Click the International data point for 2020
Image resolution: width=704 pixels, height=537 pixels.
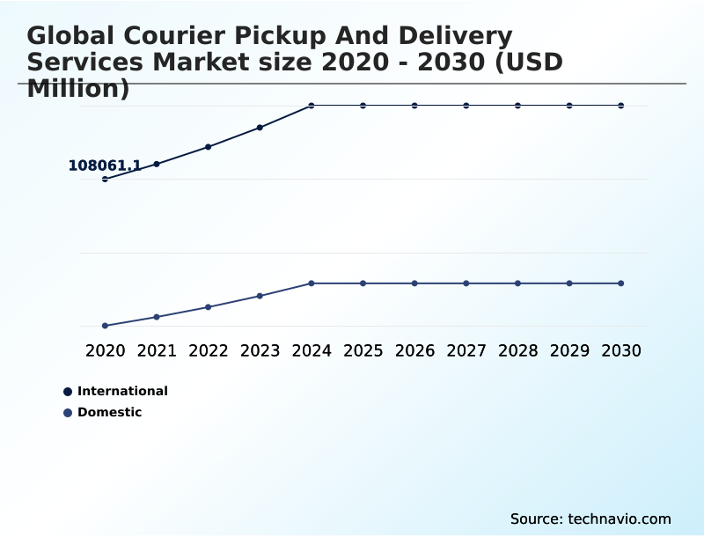pos(105,179)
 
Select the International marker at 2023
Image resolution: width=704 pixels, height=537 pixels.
pos(260,128)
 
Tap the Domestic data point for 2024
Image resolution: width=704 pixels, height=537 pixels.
pos(312,283)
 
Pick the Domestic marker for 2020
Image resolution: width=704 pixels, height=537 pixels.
pos(105,326)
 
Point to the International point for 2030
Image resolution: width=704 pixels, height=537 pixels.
pos(621,106)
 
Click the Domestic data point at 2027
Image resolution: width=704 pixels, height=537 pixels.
pos(466,283)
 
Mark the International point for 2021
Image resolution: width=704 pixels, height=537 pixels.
pos(157,164)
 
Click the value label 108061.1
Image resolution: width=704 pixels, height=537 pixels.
pos(105,166)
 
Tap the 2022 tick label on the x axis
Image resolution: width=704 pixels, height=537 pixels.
pos(209,350)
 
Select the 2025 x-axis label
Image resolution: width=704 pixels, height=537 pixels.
pos(363,350)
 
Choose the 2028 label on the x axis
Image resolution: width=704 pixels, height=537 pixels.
pos(517,350)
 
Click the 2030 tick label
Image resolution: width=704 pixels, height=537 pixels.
pos(621,350)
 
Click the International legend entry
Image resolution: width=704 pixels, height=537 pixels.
pos(122,391)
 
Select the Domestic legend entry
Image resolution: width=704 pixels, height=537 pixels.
pos(109,412)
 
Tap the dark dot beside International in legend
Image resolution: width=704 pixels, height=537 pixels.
pos(68,391)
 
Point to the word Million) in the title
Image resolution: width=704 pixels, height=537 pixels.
pos(78,89)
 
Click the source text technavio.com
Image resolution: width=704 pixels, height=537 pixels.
pos(620,519)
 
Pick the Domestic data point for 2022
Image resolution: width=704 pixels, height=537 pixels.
pos(209,307)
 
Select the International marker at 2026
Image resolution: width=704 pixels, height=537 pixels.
pos(414,106)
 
